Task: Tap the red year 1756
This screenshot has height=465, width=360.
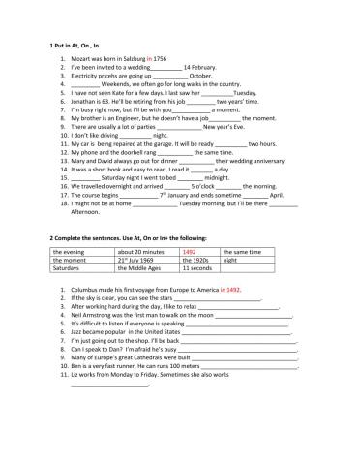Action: (160, 59)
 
